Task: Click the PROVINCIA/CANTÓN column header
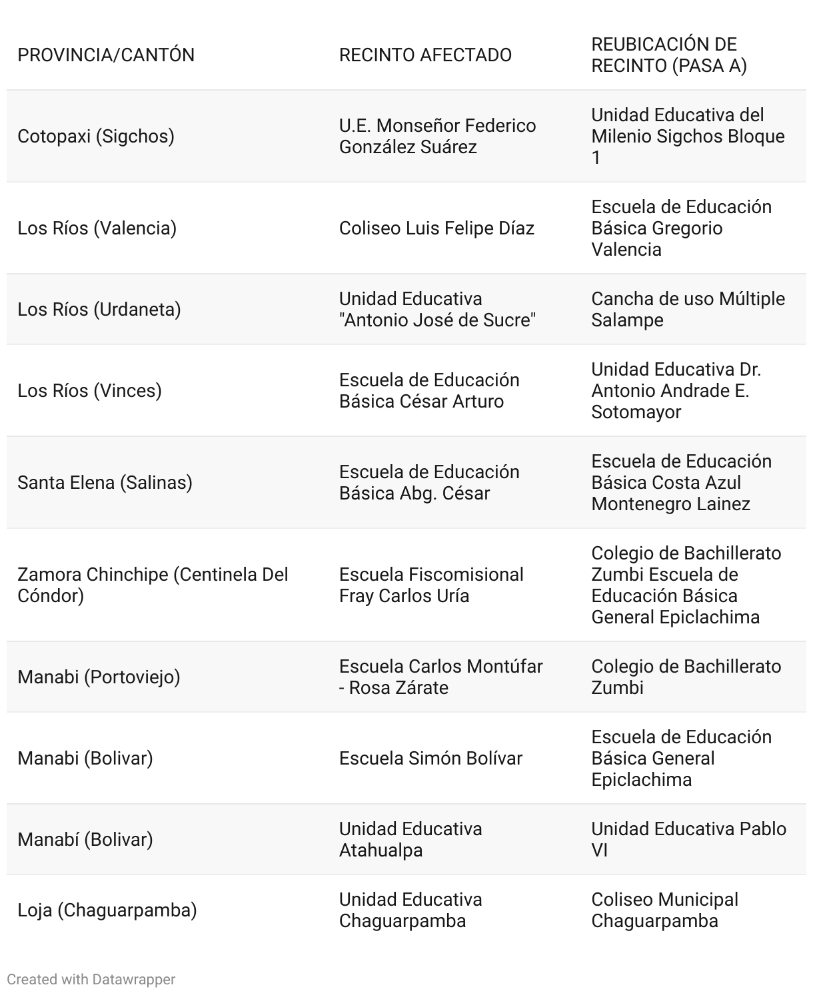(x=106, y=55)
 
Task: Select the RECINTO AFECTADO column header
(x=425, y=55)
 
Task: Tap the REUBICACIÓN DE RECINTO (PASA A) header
(x=668, y=55)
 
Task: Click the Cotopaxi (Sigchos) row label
(x=96, y=136)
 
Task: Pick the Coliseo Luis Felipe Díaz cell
(x=436, y=228)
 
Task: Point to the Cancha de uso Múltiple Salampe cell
(x=688, y=309)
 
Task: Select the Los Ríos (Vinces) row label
(x=89, y=390)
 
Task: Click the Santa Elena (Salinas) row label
(x=105, y=482)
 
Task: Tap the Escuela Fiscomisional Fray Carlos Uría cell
(x=431, y=585)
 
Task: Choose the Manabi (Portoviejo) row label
(x=99, y=677)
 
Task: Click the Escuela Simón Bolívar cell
(x=430, y=758)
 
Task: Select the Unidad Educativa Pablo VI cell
(x=688, y=839)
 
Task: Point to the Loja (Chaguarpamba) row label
(x=107, y=910)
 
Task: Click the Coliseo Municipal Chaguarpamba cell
(x=664, y=910)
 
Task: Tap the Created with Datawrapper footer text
(x=91, y=979)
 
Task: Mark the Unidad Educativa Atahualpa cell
(x=410, y=839)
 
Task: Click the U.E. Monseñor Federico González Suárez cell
(x=437, y=136)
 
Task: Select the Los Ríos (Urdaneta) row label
(x=99, y=309)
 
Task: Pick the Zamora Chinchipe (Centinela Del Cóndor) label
(x=153, y=585)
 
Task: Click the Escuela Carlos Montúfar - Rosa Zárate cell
(x=440, y=677)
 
